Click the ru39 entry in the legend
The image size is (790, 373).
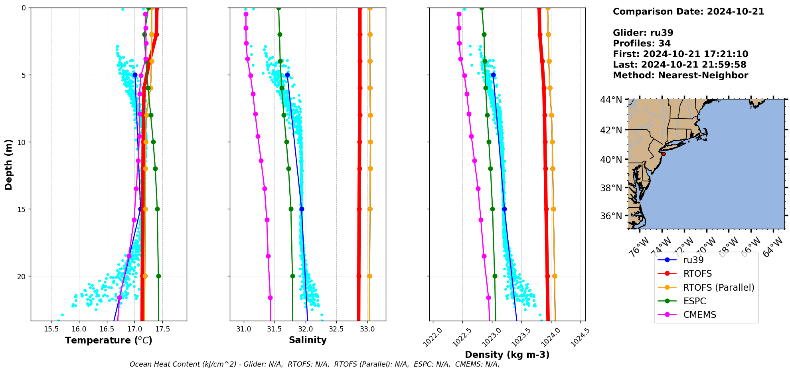tap(693, 260)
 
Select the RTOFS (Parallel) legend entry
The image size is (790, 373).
tap(718, 288)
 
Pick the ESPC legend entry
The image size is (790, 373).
tap(694, 301)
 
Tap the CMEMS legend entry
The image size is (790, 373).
tap(699, 315)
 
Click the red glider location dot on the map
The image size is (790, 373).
tap(664, 154)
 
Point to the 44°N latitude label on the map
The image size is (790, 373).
tap(611, 99)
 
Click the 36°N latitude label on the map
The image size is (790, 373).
tap(611, 216)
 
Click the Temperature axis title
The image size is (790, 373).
tap(109, 340)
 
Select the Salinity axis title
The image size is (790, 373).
tap(308, 340)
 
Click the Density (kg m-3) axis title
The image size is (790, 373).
tap(507, 355)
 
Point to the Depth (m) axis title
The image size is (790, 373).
tap(9, 164)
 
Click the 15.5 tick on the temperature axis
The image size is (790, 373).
tap(51, 329)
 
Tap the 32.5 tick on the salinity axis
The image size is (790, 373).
tap(336, 329)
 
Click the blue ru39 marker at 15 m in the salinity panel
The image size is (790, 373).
tap(302, 209)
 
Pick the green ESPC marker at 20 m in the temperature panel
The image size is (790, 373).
tap(158, 276)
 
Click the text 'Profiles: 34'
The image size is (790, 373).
tap(642, 44)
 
